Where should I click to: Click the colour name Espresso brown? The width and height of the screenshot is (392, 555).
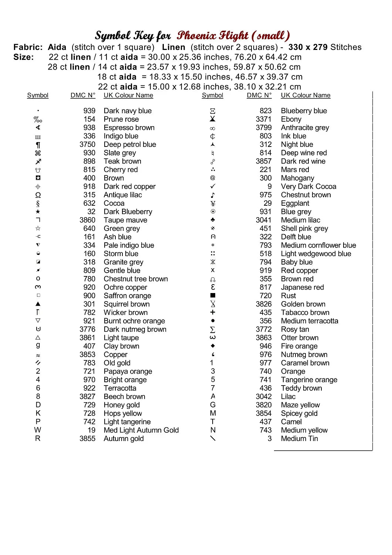tap(129, 128)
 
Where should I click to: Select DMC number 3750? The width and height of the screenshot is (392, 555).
tap(87, 144)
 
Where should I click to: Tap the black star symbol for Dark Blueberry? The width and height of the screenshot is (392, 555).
tap(38, 212)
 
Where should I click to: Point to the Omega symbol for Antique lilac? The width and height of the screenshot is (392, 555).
tap(38, 195)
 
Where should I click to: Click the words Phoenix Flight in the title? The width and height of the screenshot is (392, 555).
tap(213, 36)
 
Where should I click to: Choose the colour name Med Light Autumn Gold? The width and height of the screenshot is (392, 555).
tap(141, 430)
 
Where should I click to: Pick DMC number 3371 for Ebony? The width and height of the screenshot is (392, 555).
tap(263, 119)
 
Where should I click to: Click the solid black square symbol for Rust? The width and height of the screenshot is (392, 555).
tap(213, 296)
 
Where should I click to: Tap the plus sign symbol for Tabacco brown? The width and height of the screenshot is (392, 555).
tap(213, 312)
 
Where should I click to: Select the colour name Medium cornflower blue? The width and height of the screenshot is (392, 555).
tap(318, 245)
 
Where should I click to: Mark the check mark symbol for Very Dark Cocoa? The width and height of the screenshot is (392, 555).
tap(213, 186)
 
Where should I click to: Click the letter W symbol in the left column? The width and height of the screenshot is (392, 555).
tap(38, 430)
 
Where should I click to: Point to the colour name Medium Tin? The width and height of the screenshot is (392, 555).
tap(299, 438)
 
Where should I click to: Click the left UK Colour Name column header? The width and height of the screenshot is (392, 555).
tap(128, 95)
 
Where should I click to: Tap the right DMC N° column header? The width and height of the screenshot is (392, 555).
tap(259, 95)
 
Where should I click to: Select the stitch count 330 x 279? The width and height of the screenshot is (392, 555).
tap(308, 47)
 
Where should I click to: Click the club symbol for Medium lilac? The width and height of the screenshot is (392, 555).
tap(213, 220)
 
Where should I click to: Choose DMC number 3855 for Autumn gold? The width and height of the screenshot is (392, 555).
tap(87, 438)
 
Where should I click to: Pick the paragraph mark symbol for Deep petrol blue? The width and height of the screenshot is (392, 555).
tap(38, 145)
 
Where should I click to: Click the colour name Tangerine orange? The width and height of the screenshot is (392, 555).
tap(309, 380)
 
